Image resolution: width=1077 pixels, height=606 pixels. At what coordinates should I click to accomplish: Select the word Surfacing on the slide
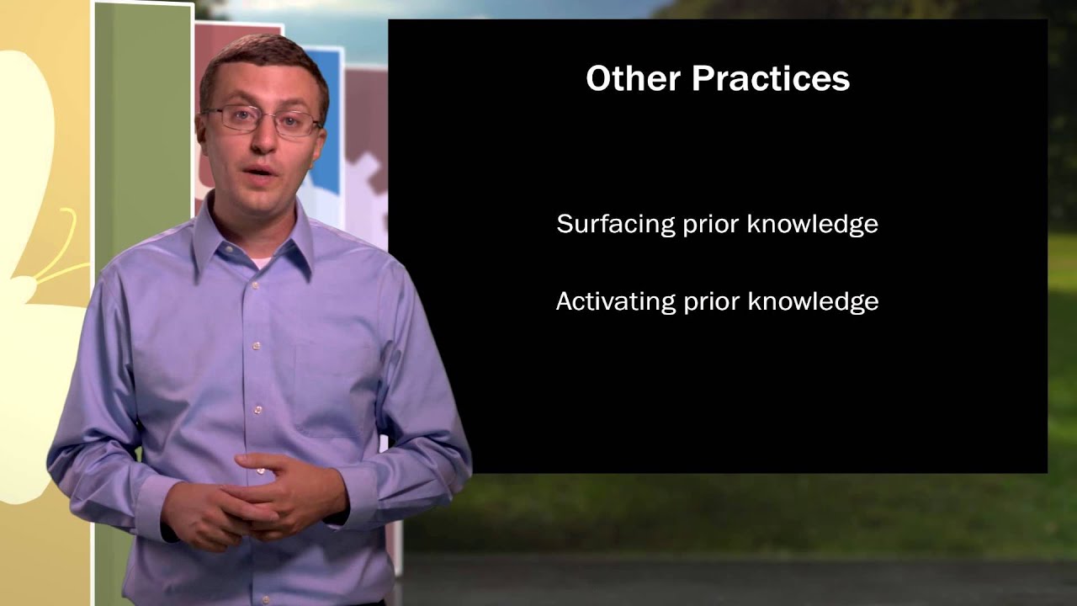click(604, 224)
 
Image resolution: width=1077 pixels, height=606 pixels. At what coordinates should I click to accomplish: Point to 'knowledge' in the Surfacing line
click(812, 224)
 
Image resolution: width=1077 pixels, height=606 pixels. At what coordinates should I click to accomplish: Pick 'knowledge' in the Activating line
click(813, 301)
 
